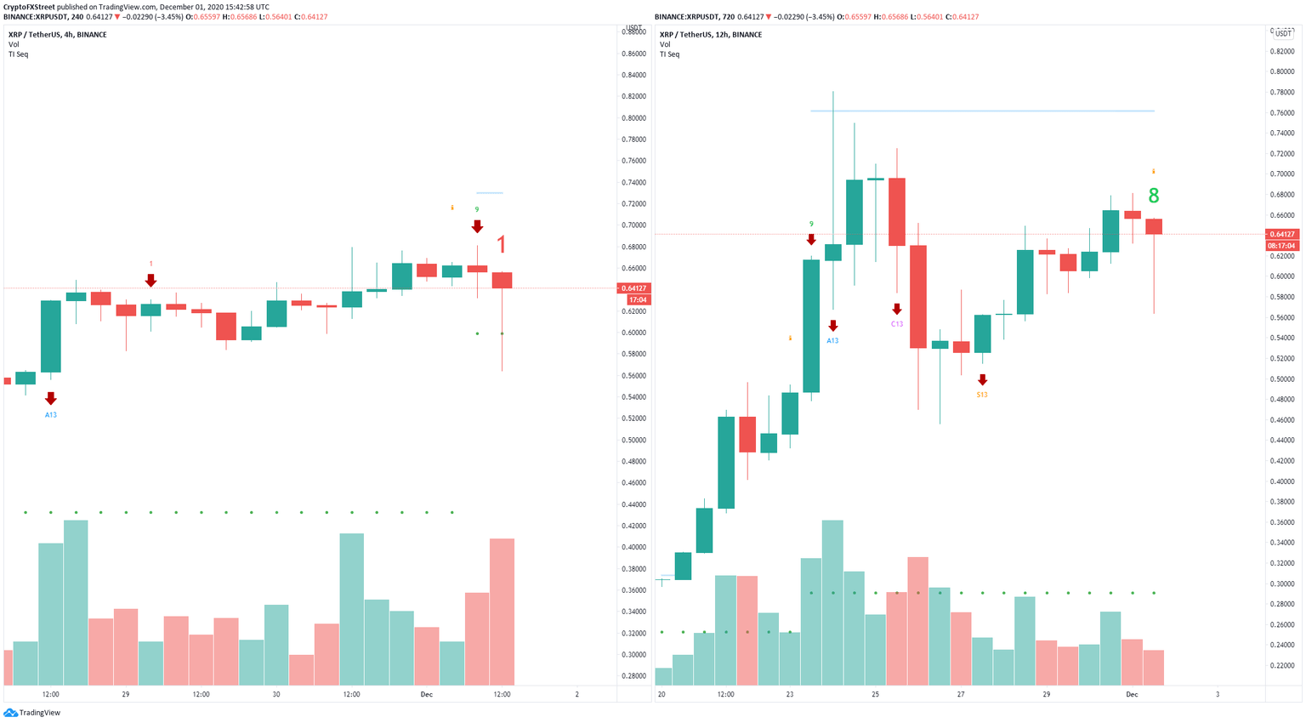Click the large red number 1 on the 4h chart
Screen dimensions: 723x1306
(502, 245)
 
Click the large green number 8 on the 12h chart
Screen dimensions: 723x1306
(1153, 196)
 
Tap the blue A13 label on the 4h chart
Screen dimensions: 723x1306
(51, 415)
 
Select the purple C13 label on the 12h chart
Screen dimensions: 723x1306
(897, 324)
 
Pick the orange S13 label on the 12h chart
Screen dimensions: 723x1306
(982, 395)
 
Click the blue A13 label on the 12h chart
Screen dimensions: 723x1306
(832, 341)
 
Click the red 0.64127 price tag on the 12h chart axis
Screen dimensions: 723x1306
(1281, 234)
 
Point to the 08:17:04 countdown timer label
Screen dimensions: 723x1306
(1281, 246)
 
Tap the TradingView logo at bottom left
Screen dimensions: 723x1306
(34, 713)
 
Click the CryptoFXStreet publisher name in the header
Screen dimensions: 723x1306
(30, 7)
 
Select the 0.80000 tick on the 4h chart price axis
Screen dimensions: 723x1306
(633, 118)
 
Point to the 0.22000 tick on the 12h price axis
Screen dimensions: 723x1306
(1282, 666)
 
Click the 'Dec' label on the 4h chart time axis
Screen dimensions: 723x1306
(426, 695)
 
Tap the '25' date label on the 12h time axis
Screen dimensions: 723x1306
(875, 695)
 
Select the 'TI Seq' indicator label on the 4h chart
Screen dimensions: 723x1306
(18, 54)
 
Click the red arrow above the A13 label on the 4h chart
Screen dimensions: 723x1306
(51, 398)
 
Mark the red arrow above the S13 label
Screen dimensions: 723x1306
(982, 379)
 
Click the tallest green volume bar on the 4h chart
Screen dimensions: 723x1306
(76, 602)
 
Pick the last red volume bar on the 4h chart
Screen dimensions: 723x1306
(502, 612)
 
